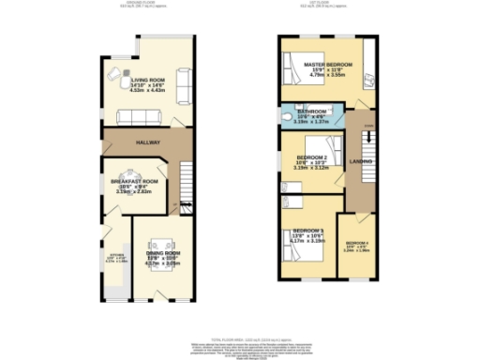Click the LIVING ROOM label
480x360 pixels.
click(149, 82)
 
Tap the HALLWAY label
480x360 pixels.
click(147, 142)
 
